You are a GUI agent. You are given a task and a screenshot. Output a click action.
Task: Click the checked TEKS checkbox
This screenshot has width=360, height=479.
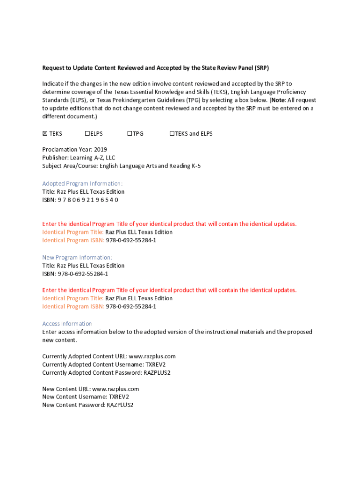tap(45, 134)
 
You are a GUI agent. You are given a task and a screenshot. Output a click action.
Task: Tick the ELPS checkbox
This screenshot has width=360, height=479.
tap(87, 134)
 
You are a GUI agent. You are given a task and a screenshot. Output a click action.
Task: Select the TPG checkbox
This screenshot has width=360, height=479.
tap(130, 134)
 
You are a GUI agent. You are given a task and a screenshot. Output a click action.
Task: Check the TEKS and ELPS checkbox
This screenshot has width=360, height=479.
tap(172, 134)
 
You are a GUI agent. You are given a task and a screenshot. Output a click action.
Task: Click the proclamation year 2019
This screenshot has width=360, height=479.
tap(101, 150)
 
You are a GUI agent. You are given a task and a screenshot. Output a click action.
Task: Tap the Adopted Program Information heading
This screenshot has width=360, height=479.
tap(82, 183)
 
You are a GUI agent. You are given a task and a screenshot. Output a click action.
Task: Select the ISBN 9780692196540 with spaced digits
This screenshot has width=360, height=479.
tap(88, 200)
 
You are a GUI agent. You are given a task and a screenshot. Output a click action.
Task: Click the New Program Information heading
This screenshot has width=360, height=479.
tap(77, 257)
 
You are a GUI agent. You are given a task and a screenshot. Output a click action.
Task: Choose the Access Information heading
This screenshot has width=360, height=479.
tap(67, 324)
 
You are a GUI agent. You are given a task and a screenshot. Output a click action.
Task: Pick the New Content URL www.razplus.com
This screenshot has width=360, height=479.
tap(115, 389)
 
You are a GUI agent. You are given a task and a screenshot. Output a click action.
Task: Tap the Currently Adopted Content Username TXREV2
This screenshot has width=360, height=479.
tap(155, 364)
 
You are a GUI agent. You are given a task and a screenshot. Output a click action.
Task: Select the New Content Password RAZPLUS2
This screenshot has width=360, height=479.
tap(120, 405)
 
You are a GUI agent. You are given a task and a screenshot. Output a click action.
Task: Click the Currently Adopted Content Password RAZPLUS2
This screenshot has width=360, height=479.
tap(157, 373)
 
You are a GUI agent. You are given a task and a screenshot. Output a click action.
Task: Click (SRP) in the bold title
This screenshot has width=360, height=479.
tap(261, 68)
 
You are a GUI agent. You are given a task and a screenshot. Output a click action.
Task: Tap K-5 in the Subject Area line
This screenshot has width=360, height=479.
tap(195, 166)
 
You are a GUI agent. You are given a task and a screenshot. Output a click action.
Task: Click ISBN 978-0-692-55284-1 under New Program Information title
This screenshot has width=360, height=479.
tap(83, 274)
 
